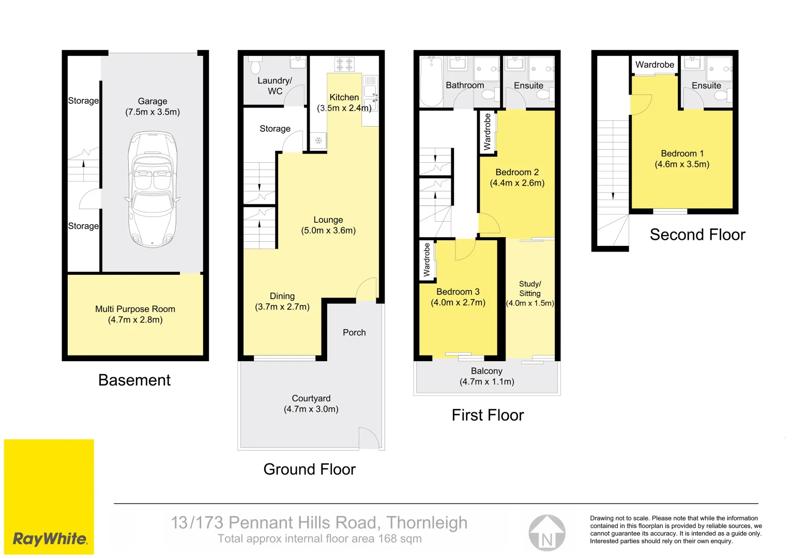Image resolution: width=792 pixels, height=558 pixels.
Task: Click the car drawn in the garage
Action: pyautogui.click(x=153, y=190)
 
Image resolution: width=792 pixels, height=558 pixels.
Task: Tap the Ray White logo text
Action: pyautogui.click(x=50, y=539)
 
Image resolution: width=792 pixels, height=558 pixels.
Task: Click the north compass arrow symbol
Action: pyautogui.click(x=547, y=533)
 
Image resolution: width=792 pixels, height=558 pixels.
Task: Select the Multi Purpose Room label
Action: pyautogui.click(x=135, y=309)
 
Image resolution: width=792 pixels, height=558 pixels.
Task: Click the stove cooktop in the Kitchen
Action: pyautogui.click(x=344, y=65)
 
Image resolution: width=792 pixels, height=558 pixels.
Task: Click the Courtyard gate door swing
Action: pyautogui.click(x=369, y=438)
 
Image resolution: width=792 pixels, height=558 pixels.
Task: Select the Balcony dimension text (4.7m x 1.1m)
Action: pyautogui.click(x=487, y=382)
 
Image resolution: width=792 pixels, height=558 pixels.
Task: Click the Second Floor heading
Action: pyautogui.click(x=697, y=235)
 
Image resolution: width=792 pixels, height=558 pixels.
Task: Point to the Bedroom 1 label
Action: pyautogui.click(x=682, y=153)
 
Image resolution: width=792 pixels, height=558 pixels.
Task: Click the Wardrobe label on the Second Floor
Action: pyautogui.click(x=654, y=65)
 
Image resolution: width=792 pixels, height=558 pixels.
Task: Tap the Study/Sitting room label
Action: pyautogui.click(x=530, y=288)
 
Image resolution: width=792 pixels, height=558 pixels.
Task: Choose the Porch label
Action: pyautogui.click(x=354, y=333)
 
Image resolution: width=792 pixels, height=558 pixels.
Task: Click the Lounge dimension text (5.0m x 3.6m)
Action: pyautogui.click(x=328, y=230)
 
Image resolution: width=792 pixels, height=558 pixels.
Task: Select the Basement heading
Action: pyautogui.click(x=134, y=380)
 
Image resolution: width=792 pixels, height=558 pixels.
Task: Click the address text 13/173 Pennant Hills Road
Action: pyautogui.click(x=319, y=523)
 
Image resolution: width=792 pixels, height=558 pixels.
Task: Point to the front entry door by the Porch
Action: pyautogui.click(x=367, y=290)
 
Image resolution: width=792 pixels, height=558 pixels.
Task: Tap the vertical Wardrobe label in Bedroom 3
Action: pyautogui.click(x=427, y=260)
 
